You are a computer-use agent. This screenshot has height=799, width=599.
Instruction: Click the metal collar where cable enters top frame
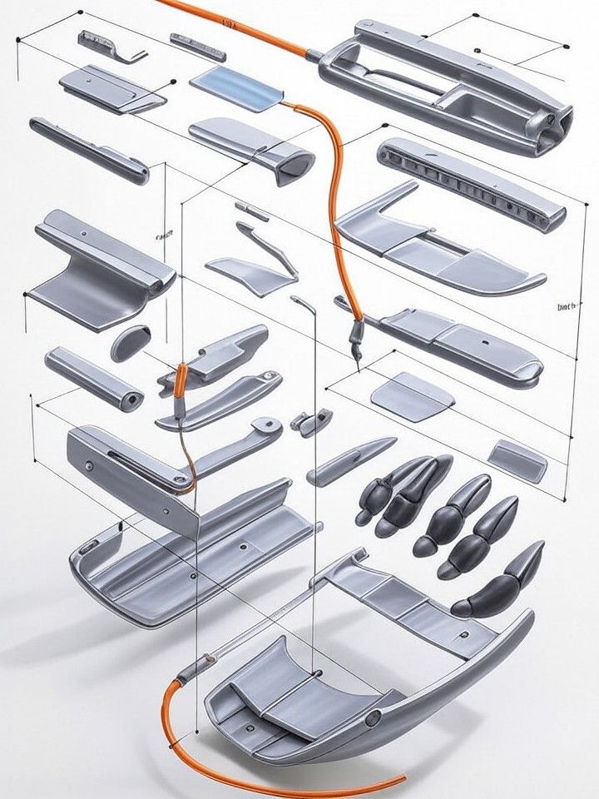(x=315, y=57)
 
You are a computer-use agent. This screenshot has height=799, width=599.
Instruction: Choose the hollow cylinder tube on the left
(x=93, y=377)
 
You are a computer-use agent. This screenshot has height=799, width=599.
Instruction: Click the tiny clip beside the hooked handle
(x=312, y=423)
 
